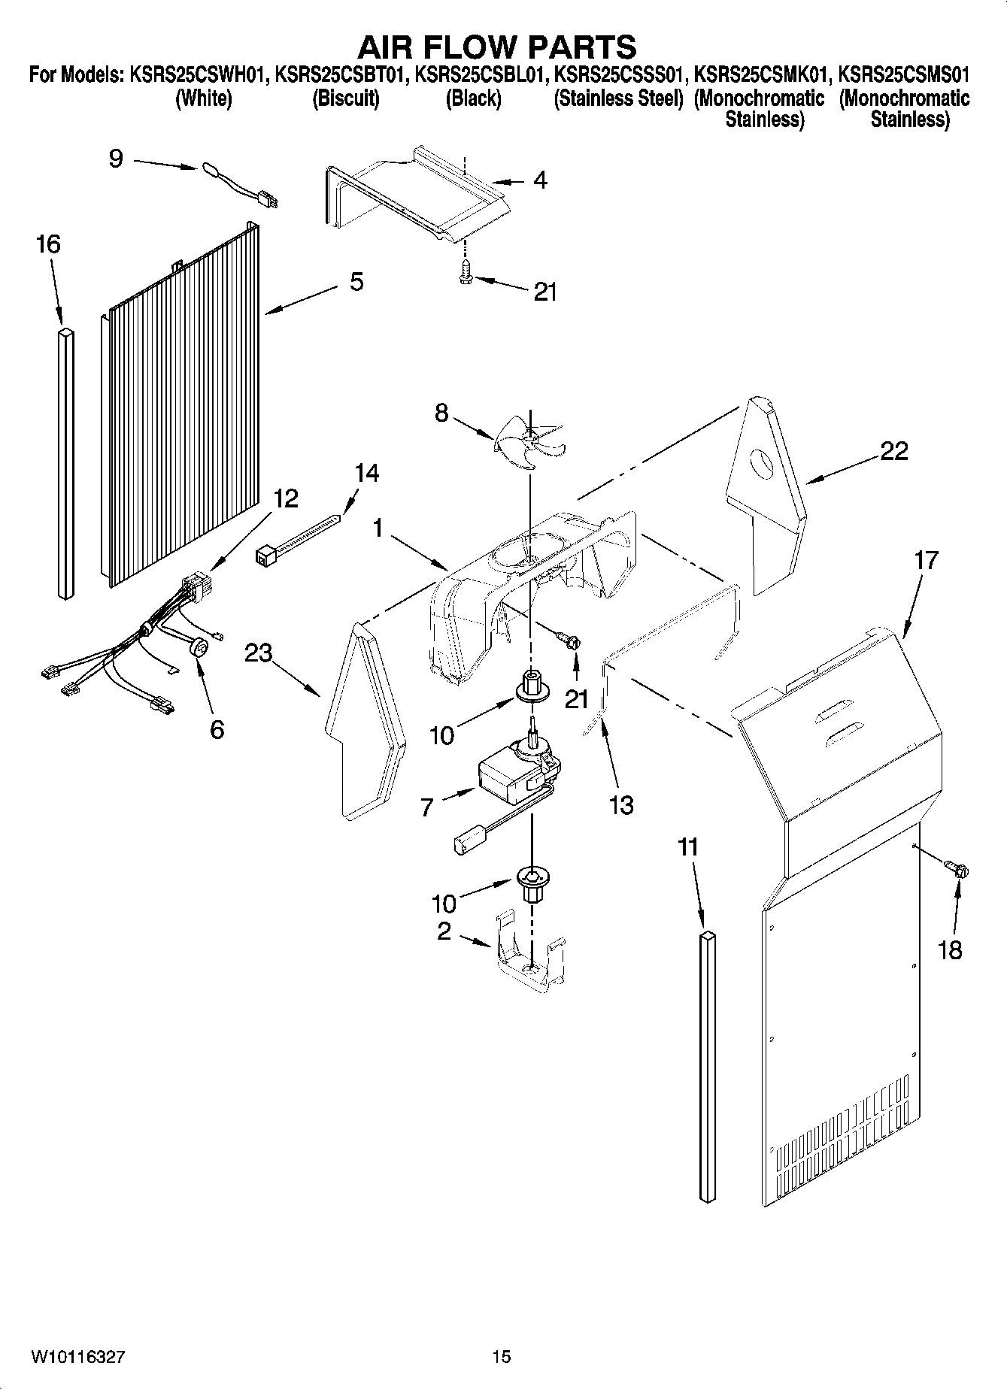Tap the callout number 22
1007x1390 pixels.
pyautogui.click(x=893, y=451)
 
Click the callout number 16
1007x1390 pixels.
pyautogui.click(x=49, y=244)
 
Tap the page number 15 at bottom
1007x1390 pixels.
pyautogui.click(x=502, y=1357)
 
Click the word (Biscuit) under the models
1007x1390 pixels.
pyautogui.click(x=345, y=98)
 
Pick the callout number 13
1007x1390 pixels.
pyautogui.click(x=621, y=805)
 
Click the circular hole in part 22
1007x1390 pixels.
pyautogui.click(x=762, y=463)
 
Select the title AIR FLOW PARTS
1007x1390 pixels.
pyautogui.click(x=496, y=47)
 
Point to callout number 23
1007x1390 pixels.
pyautogui.click(x=258, y=653)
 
